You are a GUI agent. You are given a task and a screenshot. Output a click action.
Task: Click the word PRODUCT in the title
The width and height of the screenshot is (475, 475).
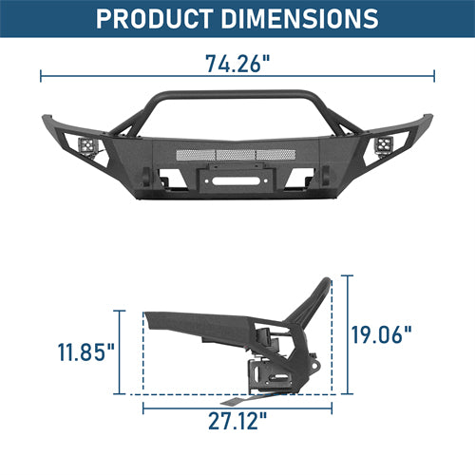point(154,19)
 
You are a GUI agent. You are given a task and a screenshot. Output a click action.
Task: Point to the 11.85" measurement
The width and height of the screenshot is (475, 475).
point(85,352)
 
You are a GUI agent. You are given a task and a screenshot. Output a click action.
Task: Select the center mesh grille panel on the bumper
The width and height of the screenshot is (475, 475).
point(237,150)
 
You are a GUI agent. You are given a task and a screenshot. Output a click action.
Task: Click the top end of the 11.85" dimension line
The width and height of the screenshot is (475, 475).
point(122,310)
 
